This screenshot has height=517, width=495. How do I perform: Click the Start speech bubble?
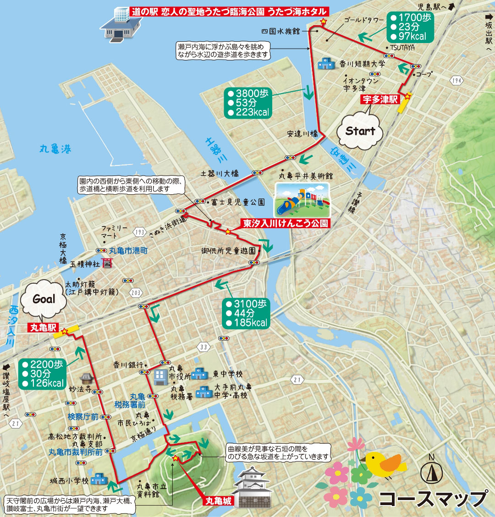click(360, 132)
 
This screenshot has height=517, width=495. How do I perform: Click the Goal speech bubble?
click(44, 300)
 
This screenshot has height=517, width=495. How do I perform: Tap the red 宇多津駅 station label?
click(380, 99)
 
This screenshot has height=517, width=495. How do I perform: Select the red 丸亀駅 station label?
click(43, 328)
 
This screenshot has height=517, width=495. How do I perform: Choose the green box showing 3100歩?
click(247, 313)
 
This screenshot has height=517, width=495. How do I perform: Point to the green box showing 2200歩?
click(43, 374)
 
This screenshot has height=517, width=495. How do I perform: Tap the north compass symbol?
click(431, 471)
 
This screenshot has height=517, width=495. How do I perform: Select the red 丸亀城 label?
click(218, 501)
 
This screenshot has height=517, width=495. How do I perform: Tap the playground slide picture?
click(302, 200)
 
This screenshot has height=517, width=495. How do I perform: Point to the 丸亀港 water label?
click(55, 149)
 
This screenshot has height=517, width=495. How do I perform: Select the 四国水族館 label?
click(280, 31)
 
